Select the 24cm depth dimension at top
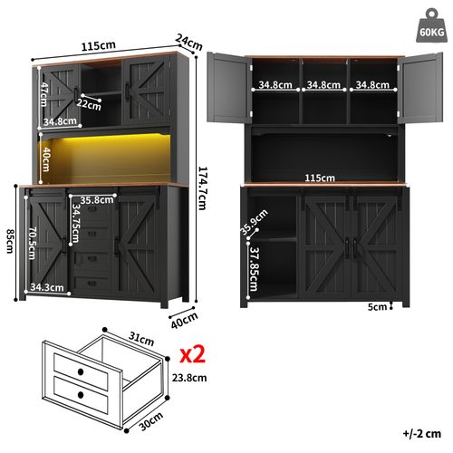(x=188, y=41)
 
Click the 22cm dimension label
(x=90, y=105)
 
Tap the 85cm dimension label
(x=8, y=241)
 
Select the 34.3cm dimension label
(x=45, y=288)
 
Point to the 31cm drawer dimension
(x=140, y=337)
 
